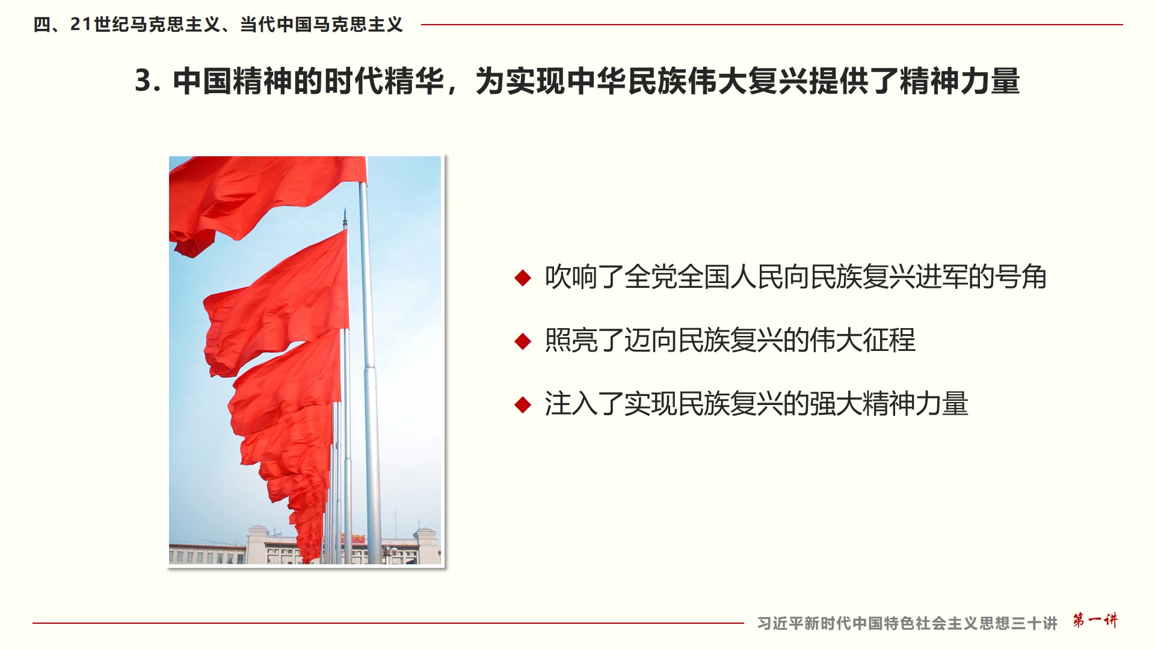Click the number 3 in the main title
click(x=143, y=81)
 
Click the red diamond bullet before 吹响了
click(x=523, y=278)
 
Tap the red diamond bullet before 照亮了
click(x=523, y=341)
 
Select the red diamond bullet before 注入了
click(x=523, y=404)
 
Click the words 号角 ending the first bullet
click(x=1020, y=277)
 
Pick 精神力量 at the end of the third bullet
click(x=915, y=404)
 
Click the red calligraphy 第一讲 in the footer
click(x=1095, y=620)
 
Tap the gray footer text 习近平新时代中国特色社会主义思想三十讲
click(x=907, y=623)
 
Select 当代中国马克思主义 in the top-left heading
click(x=321, y=25)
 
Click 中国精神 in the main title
click(x=232, y=81)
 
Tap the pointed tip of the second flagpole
click(x=345, y=210)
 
